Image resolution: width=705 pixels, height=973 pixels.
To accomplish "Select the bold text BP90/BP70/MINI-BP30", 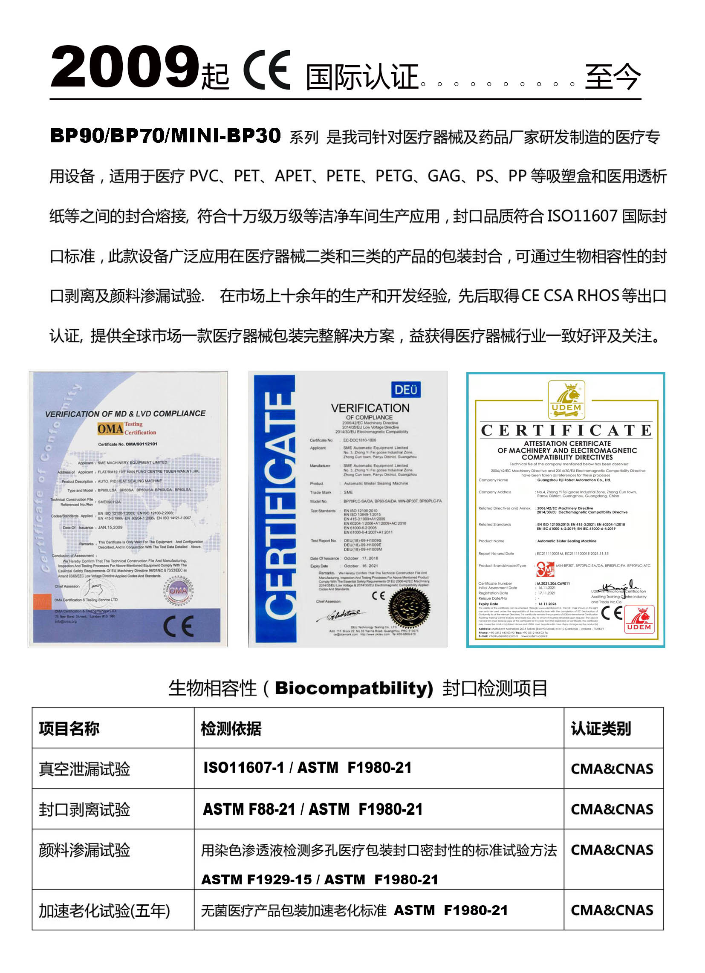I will tap(165, 136).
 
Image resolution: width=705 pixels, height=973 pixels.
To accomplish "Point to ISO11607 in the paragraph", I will tap(581, 216).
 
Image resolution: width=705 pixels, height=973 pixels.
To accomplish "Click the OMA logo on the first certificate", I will tap(110, 429).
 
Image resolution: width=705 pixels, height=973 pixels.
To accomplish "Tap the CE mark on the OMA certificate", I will tap(179, 627).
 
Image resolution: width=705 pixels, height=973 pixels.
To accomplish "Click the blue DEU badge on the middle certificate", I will tap(405, 390).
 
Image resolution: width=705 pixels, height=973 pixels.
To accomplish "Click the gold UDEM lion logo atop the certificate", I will tap(566, 399).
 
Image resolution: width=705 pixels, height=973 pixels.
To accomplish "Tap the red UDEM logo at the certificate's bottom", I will tap(639, 619).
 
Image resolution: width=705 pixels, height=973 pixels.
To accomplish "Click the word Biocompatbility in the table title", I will tap(354, 689).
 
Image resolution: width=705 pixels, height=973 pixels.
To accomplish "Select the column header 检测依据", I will tap(231, 728).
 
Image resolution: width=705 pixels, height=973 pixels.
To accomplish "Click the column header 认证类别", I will tap(600, 728).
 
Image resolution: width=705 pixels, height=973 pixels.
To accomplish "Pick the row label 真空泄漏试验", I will tap(84, 769).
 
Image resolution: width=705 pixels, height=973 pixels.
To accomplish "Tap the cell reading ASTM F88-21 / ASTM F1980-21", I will tap(313, 809).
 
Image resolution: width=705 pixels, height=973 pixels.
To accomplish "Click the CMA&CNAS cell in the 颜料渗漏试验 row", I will tap(612, 850).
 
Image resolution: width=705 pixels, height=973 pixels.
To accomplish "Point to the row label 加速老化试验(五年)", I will tap(104, 910).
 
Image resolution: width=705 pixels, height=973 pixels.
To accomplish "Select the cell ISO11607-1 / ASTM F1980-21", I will tap(307, 768).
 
